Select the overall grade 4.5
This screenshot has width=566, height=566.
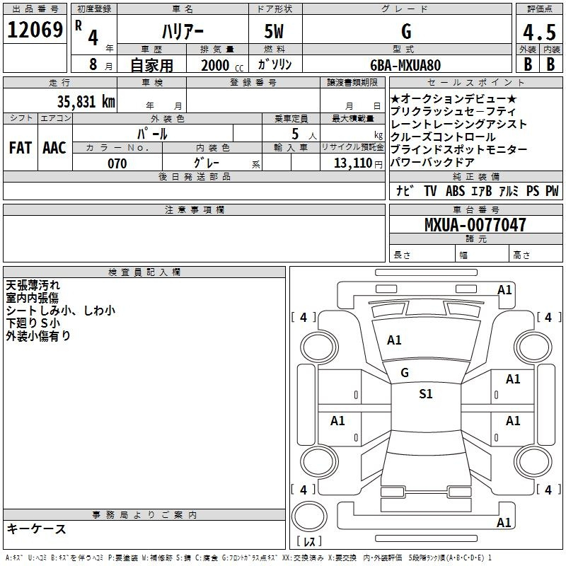pos(537,33)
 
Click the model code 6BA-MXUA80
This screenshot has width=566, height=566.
pos(405,65)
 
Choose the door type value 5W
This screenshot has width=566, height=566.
pos(275,32)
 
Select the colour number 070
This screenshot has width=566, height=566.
pos(117,163)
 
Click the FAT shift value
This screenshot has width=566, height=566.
pos(21,148)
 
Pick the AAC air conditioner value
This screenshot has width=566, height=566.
pos(54,148)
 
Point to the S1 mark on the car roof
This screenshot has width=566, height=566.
pos(425,394)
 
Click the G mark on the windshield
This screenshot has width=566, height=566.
pos(405,372)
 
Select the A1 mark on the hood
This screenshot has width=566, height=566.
pos(394,340)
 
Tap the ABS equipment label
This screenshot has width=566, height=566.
pos(456,191)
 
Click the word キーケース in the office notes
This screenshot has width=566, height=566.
pos(36,529)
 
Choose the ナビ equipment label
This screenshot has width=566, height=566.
pos(405,191)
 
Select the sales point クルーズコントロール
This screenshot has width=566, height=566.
pos(443,137)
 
